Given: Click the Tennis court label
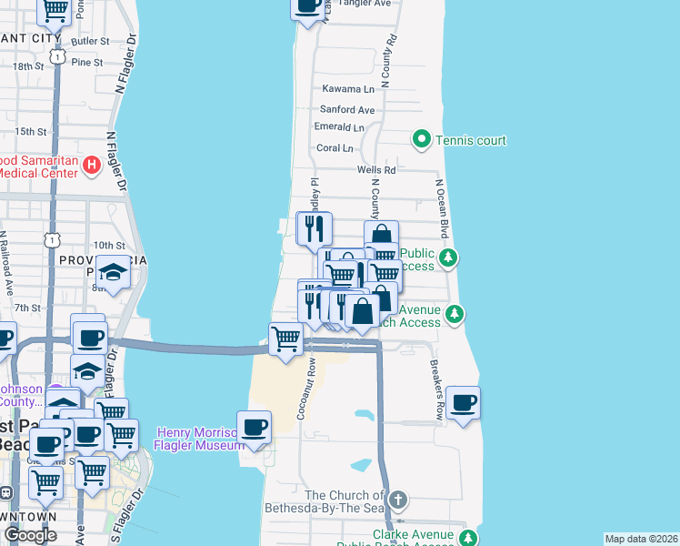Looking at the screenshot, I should pyautogui.click(x=470, y=140).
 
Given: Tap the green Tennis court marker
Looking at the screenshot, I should pyautogui.click(x=421, y=140).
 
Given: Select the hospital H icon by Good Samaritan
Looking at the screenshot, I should pyautogui.click(x=91, y=165).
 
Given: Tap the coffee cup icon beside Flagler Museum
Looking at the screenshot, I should pyautogui.click(x=254, y=426).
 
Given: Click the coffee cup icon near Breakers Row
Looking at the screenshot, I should pyautogui.click(x=463, y=402).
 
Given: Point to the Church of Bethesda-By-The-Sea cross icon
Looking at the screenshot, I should pyautogui.click(x=397, y=500).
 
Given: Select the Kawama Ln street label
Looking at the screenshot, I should pyautogui.click(x=348, y=89).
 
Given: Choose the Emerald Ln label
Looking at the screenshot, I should pyautogui.click(x=338, y=127).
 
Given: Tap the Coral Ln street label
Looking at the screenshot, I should pyautogui.click(x=335, y=147).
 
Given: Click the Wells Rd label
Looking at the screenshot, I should pyautogui.click(x=376, y=169).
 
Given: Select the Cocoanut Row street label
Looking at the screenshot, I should pyautogui.click(x=309, y=389).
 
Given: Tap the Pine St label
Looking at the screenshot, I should pyautogui.click(x=86, y=62).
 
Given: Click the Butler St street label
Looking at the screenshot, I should pyautogui.click(x=88, y=42).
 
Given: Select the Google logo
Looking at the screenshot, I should pyautogui.click(x=30, y=535).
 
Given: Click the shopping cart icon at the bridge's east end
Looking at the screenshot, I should pyautogui.click(x=286, y=339).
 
